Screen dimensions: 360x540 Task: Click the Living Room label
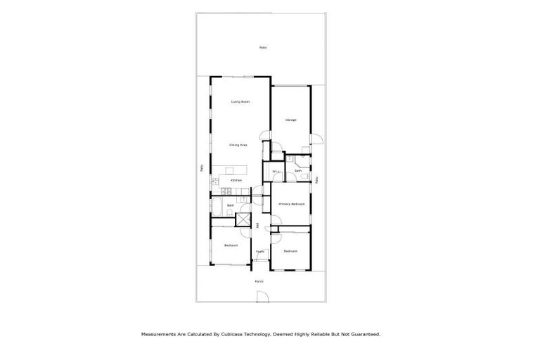coord(240,102)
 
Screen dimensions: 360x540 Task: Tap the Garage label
coord(290,120)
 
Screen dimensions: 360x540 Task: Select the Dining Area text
coord(238,145)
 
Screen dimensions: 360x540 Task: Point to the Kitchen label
coord(236,180)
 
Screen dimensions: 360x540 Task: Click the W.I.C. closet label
coord(276,171)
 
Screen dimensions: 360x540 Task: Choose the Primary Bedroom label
coord(291,204)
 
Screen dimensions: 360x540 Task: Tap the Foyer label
coord(259,251)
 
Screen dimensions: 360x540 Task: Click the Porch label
coord(259,281)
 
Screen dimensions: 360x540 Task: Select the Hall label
coord(258,225)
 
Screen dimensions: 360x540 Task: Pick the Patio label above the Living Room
coord(262,47)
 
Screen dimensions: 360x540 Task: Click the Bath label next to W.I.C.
coord(298,171)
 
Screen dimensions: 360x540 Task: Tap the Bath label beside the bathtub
coord(230,205)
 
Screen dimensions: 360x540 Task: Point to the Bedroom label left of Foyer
coord(231,245)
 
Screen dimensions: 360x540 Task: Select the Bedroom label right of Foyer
coord(290,251)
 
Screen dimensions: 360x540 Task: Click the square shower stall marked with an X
coord(243,219)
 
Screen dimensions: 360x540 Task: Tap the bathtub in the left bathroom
coord(217,209)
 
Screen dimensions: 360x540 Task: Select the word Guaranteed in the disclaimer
coord(365,335)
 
